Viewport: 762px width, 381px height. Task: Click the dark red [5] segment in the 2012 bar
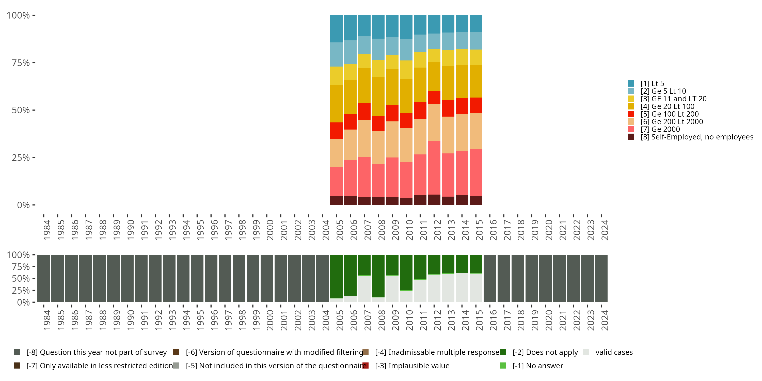434,97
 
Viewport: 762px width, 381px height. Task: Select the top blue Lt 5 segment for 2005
336,29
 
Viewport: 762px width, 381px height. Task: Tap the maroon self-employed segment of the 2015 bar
476,200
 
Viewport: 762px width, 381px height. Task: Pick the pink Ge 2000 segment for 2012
434,168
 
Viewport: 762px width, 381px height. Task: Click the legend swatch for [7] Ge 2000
631,129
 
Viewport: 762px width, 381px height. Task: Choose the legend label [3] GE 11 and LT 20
673,99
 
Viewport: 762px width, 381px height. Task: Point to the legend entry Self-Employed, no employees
697,137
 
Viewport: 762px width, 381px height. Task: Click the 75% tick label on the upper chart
21,63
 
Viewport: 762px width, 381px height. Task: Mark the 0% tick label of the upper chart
23,205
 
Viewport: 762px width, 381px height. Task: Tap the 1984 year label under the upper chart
47,230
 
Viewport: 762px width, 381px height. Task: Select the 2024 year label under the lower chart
605,320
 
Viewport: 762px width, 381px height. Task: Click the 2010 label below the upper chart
409,230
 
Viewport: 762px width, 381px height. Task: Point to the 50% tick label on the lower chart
21,279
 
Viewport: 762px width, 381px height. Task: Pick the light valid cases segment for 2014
462,288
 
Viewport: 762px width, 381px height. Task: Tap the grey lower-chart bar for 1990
127,278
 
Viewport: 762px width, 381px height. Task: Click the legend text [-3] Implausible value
412,366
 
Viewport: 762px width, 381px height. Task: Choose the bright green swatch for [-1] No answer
503,366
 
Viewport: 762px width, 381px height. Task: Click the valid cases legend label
614,352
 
